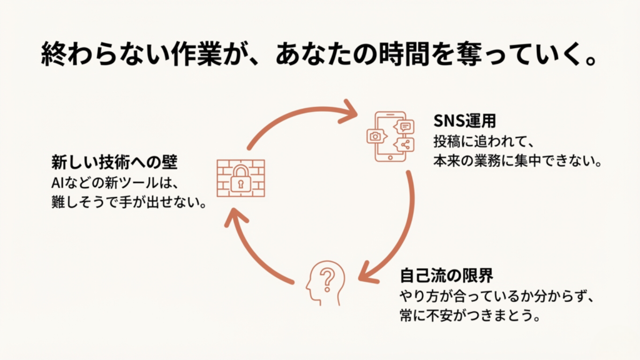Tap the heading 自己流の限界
pos(439,275)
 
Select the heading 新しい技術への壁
pos(115,163)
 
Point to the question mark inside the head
pos(324,277)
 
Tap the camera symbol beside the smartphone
pos(376,136)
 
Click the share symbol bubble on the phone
pos(406,145)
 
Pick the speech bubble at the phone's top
pos(406,127)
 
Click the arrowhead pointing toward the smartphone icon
pos(349,112)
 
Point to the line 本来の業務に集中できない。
pos(517,161)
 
